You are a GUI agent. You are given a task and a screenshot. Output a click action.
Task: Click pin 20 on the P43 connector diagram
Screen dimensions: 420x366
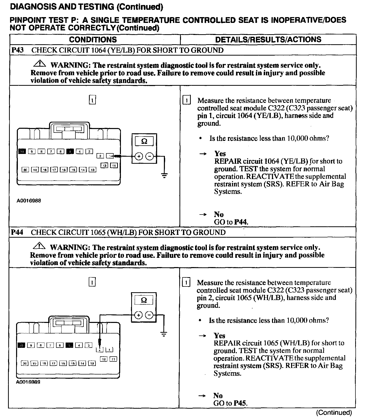(25, 170)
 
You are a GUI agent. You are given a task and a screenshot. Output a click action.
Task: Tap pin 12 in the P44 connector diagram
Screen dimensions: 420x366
(104, 359)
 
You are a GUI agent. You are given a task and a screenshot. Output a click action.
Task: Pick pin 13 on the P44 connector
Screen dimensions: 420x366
(92, 363)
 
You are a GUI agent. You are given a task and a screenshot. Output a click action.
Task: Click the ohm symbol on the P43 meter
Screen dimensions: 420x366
(144, 141)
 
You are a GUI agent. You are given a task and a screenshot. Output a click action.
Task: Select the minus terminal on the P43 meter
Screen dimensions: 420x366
(150, 156)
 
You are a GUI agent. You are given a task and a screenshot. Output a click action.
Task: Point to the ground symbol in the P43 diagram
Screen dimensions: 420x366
(164, 176)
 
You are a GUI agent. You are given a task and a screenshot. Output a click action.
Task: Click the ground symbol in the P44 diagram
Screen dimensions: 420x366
(164, 334)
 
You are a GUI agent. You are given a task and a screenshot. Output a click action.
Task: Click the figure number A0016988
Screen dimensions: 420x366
(29, 201)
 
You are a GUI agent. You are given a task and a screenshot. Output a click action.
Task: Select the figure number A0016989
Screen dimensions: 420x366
(28, 382)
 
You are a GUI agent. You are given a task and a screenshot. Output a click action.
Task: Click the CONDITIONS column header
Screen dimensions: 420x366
(93, 39)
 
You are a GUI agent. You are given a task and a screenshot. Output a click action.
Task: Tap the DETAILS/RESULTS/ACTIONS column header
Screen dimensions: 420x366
(268, 39)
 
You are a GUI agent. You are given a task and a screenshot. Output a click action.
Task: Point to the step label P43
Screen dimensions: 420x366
(17, 50)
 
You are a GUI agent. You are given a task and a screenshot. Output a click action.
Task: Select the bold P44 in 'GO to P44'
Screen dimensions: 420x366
(241, 222)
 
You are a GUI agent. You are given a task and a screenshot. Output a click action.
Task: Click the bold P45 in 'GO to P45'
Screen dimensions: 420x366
(241, 403)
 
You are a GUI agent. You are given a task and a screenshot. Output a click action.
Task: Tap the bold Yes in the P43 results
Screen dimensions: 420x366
(220, 154)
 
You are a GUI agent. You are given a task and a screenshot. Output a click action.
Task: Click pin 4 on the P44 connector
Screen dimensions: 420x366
(79, 346)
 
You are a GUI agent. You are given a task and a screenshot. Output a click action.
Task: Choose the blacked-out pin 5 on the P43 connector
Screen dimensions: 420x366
(70, 151)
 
